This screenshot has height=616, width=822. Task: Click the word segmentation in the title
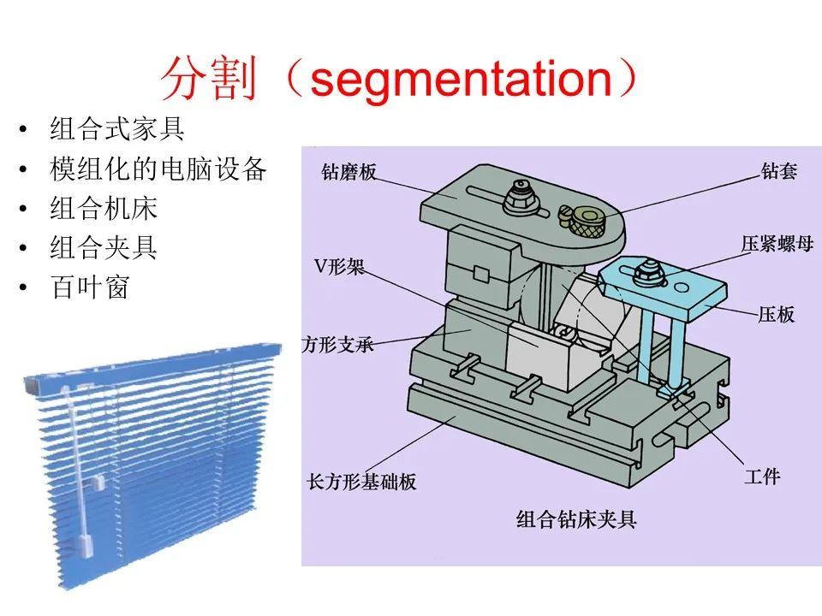click(x=462, y=80)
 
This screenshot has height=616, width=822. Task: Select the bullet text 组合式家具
click(x=117, y=129)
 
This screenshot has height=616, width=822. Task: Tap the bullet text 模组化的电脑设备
click(x=158, y=169)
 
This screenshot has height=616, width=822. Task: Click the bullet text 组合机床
click(x=104, y=208)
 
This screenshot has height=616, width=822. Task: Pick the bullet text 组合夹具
click(x=104, y=247)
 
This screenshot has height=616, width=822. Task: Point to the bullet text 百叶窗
click(x=90, y=287)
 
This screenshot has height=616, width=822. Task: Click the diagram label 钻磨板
click(x=349, y=172)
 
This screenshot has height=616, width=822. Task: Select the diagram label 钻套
click(x=779, y=171)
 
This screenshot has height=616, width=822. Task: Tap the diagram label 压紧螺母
click(x=777, y=244)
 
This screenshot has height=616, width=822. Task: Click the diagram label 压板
click(x=777, y=314)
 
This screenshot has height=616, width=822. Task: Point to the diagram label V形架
click(x=340, y=267)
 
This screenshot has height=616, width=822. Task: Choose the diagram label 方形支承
click(x=337, y=345)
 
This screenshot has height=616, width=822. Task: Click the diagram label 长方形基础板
click(x=361, y=482)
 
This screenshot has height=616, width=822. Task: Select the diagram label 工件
click(x=762, y=477)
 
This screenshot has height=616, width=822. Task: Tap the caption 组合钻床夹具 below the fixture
click(x=576, y=519)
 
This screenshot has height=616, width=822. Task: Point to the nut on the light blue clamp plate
click(x=649, y=274)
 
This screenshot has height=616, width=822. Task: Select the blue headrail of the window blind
click(x=153, y=365)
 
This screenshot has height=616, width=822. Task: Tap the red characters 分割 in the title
click(x=210, y=80)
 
